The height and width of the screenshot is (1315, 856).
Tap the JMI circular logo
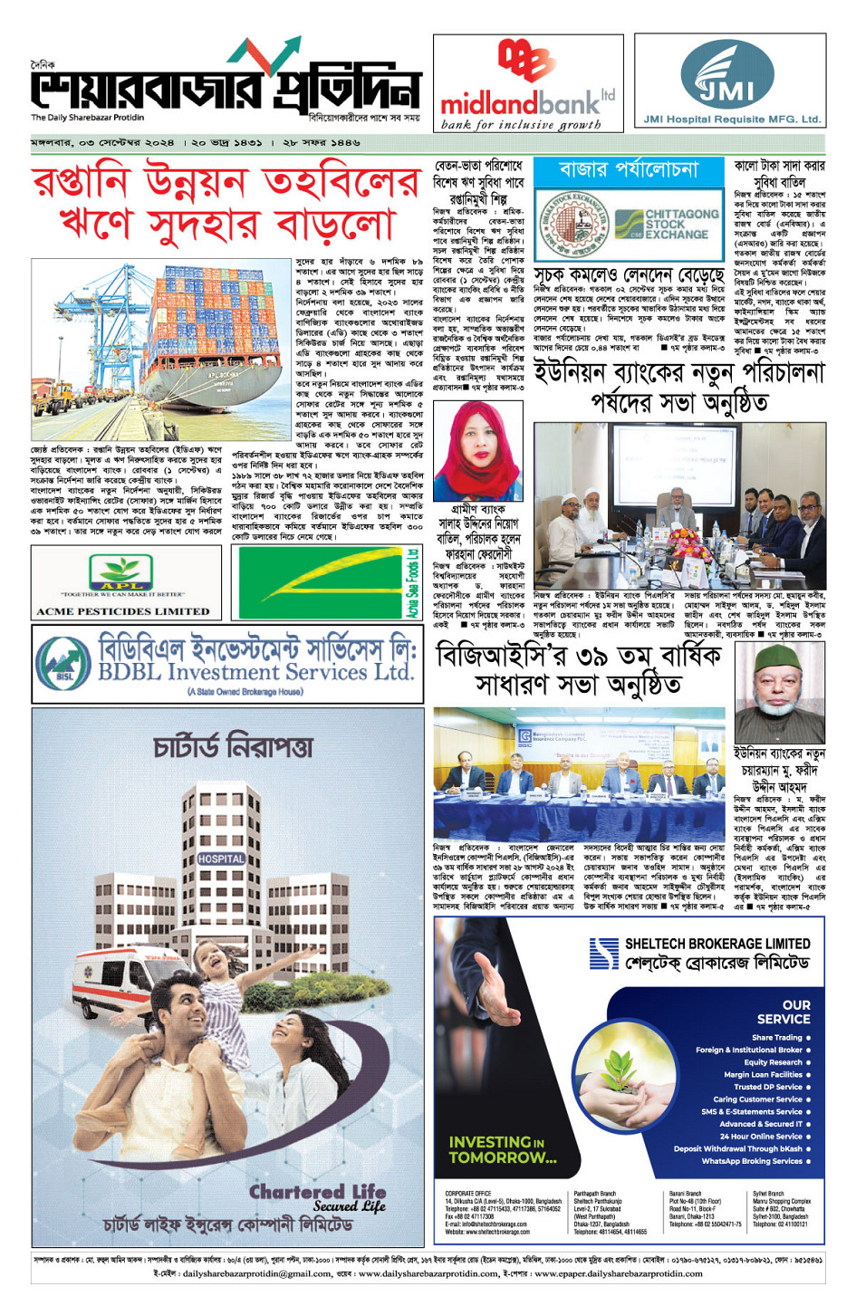727,73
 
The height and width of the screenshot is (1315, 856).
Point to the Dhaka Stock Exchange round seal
572,224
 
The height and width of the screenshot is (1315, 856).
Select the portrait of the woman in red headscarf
478,450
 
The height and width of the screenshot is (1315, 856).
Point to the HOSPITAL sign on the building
221,859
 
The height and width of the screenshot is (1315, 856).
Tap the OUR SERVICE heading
784,1012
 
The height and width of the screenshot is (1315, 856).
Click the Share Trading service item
776,1038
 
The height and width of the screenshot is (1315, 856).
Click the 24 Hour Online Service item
761,1136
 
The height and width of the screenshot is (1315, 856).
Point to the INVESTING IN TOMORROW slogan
503,1149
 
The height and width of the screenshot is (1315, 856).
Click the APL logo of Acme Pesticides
120,571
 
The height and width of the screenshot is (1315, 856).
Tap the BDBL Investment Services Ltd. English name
255,672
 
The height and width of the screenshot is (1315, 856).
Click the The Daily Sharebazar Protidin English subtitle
88,118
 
